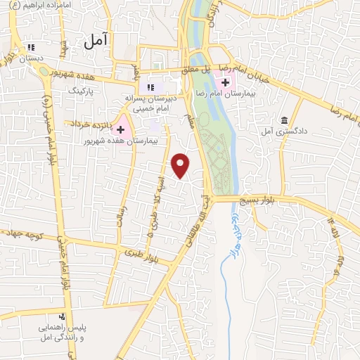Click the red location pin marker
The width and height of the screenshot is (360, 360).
181,165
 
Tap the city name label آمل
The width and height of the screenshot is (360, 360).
97,41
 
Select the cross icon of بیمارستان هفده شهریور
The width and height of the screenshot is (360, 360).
121,129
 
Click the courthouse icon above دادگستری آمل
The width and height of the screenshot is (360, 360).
284,120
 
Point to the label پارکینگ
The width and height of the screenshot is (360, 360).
80,91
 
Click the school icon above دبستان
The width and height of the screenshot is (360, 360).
30,48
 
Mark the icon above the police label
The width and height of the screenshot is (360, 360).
63,316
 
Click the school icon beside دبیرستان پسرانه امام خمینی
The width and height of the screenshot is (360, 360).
149,87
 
